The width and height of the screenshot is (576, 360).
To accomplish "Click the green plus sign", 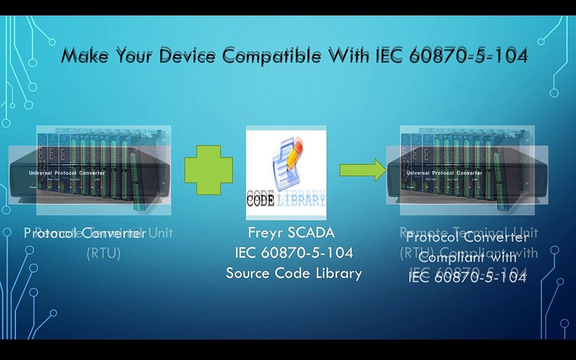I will pyautogui.click(x=208, y=170).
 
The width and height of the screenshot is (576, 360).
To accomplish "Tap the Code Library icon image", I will pyautogui.click(x=286, y=172).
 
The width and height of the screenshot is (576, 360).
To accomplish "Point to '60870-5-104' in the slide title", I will pyautogui.click(x=468, y=55).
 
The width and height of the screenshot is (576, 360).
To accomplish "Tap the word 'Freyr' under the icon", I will pyautogui.click(x=265, y=232).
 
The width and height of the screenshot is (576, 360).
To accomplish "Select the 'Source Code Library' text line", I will pyautogui.click(x=294, y=273).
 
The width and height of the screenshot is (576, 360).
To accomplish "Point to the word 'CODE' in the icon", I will pyautogui.click(x=260, y=200).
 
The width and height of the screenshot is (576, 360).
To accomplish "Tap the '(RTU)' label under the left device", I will pyautogui.click(x=103, y=253).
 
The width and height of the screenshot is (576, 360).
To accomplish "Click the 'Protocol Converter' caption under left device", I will pyautogui.click(x=85, y=233).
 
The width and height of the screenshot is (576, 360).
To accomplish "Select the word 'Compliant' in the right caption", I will pyautogui.click(x=444, y=258).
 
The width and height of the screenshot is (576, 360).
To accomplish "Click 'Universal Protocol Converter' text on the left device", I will pyautogui.click(x=66, y=172).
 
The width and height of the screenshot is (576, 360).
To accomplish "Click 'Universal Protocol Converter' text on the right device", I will pyautogui.click(x=444, y=172).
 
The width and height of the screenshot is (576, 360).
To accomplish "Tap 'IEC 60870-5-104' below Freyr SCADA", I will pyautogui.click(x=294, y=253).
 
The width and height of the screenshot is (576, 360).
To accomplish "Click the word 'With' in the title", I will pyautogui.click(x=348, y=55).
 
